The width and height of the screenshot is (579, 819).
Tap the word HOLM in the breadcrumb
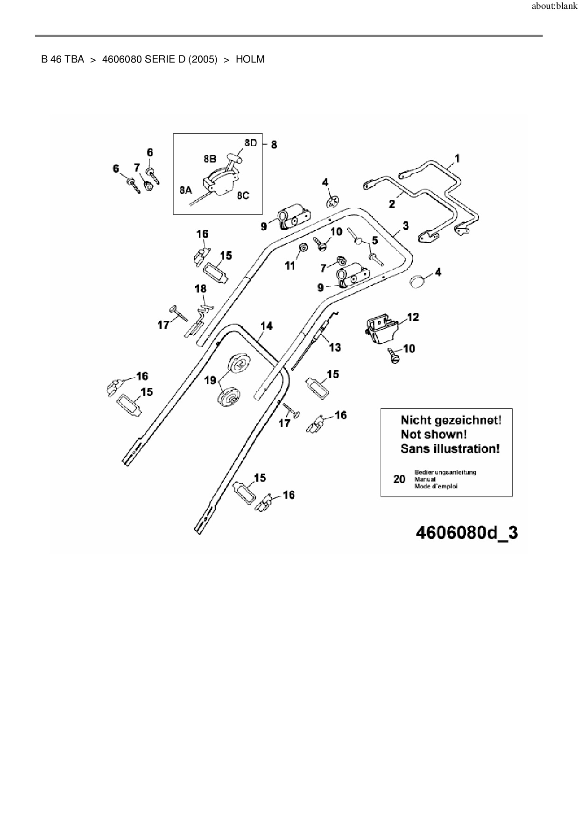[x=250, y=59]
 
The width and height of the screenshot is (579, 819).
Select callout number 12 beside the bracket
[x=413, y=317]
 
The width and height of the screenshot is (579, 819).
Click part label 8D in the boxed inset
[x=251, y=143]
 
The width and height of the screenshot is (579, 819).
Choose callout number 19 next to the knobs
[x=210, y=380]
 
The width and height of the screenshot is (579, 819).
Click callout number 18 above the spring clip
[x=200, y=289]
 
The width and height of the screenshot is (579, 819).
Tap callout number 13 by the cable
[x=335, y=347]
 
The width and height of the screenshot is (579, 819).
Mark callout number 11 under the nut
[x=290, y=265]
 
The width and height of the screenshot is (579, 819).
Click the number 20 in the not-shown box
[x=399, y=479]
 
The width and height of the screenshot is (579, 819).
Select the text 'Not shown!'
[x=433, y=434]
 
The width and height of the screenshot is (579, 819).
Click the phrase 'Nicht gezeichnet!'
[x=451, y=420]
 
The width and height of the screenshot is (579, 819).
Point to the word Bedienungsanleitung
[x=445, y=472]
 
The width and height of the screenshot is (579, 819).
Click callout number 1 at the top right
[x=457, y=158]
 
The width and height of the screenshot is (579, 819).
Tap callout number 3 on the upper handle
[x=405, y=226]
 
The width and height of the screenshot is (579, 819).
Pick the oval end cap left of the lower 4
[x=417, y=282]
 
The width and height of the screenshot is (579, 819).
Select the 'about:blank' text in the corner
[x=554, y=7]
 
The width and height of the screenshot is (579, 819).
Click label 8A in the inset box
[x=185, y=190]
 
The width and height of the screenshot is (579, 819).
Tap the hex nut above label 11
[x=302, y=247]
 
